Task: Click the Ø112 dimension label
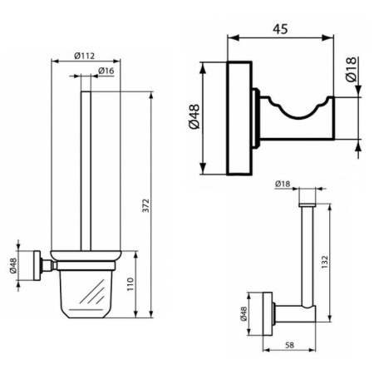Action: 84,55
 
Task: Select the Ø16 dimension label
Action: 106,71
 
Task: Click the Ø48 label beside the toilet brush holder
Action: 14,266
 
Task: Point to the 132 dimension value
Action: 333,258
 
